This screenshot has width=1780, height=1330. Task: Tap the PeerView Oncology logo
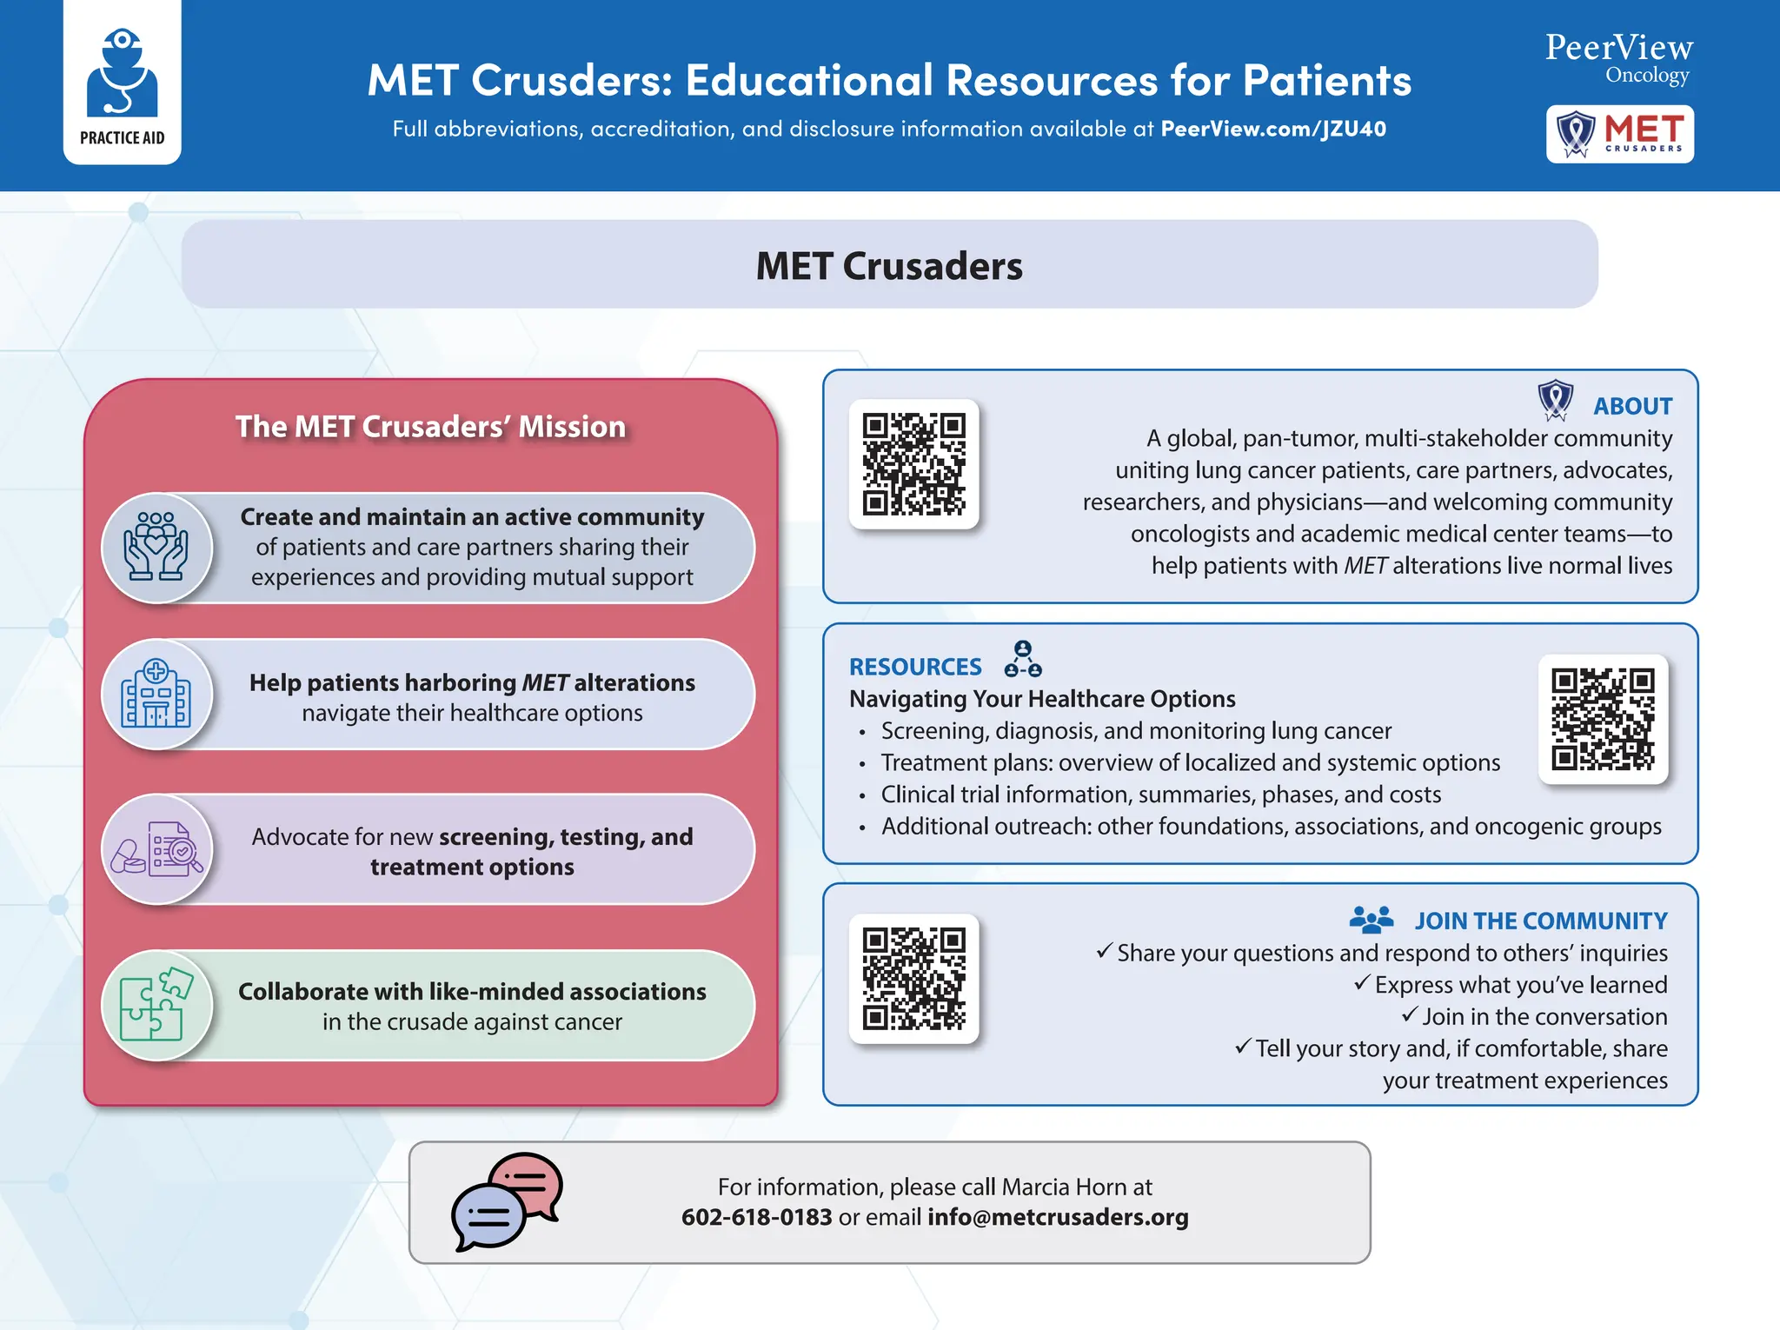click(x=1618, y=57)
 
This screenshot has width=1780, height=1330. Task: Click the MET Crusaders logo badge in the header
click(x=1619, y=134)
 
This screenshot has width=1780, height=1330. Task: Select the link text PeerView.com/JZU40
click(x=1273, y=130)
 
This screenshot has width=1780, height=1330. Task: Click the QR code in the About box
click(x=913, y=464)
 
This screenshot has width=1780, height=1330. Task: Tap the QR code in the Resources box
click(x=1603, y=719)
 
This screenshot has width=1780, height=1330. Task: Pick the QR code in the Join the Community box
click(x=913, y=978)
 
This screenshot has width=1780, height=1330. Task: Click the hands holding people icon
click(x=156, y=548)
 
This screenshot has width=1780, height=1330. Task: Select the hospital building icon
click(x=156, y=695)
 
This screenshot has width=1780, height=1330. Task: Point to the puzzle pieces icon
click(x=156, y=1005)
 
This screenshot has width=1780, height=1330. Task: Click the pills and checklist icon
click(x=156, y=849)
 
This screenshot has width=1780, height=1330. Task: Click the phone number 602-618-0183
click(x=756, y=1217)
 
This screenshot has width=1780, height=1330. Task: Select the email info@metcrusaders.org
click(x=1058, y=1217)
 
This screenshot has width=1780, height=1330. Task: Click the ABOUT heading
click(x=1632, y=406)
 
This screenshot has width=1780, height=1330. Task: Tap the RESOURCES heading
click(x=915, y=667)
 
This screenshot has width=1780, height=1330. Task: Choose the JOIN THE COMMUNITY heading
click(x=1540, y=921)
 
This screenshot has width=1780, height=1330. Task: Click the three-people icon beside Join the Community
click(x=1372, y=919)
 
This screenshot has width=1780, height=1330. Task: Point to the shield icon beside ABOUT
click(x=1555, y=400)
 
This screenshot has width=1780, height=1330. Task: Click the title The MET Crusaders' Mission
click(x=430, y=427)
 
